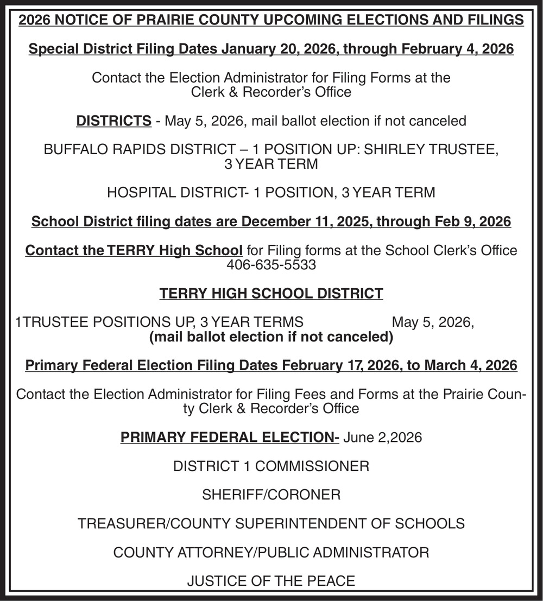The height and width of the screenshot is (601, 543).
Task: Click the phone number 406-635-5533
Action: coord(271,265)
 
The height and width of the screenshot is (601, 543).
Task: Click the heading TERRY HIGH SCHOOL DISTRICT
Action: coord(271,294)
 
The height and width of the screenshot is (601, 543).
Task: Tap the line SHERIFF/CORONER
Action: coord(271,495)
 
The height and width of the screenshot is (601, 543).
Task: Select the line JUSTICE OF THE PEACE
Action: coord(271,581)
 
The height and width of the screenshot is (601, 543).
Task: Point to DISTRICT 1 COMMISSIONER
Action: coord(271,466)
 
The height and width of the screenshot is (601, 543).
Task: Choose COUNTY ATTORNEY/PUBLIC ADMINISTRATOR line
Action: coord(271,553)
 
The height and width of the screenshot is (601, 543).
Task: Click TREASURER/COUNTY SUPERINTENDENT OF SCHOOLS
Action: coord(271,523)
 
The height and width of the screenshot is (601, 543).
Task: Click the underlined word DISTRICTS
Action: coord(113,121)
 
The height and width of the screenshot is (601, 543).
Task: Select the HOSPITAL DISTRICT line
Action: coord(271,192)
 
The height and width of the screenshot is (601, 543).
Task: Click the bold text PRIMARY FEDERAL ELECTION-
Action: coord(230,437)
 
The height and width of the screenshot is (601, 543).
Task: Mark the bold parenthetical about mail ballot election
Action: coord(271,337)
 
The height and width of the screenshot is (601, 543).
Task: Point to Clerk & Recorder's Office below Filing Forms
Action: coord(271,92)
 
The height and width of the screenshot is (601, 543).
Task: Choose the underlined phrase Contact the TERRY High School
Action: coord(134,250)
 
